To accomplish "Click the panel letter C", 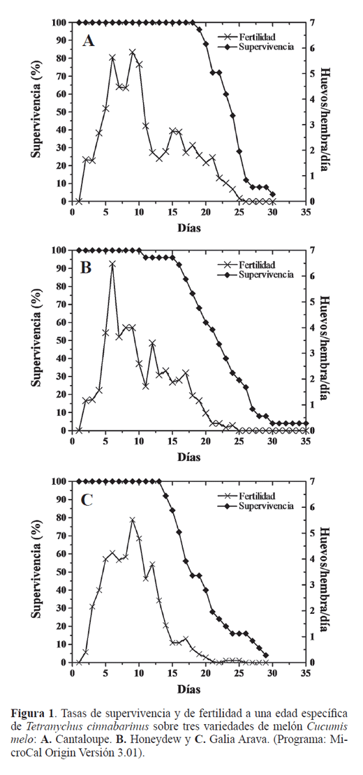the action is [87, 499].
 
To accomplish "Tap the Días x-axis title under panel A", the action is [189, 228].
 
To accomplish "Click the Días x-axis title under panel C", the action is [189, 689].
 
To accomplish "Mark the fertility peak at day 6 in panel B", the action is [112, 264].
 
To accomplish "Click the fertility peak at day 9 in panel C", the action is [133, 520].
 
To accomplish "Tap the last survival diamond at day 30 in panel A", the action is [272, 194].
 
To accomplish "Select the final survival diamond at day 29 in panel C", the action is [266, 656].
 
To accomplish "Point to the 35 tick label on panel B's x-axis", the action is [306, 442].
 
